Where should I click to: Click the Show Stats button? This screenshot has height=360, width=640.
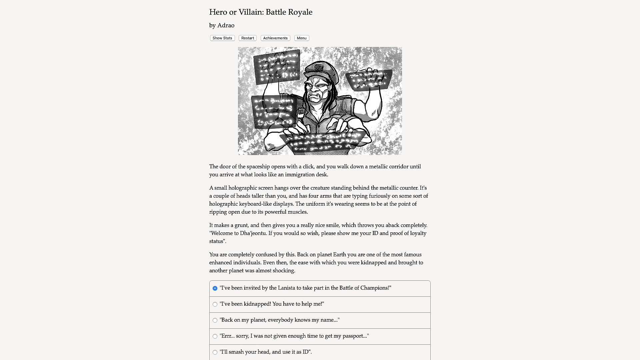tap(222, 38)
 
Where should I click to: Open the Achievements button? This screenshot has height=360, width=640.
tap(275, 38)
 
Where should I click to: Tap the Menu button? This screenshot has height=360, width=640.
tap(302, 38)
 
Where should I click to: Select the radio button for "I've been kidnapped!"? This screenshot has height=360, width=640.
tap(215, 304)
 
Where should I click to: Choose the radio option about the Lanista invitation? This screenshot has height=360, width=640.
tap(215, 288)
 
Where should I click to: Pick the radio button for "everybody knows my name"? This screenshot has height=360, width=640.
tap(215, 320)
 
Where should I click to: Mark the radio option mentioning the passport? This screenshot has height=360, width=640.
tap(215, 336)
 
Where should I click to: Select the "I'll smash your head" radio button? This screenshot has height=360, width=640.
tap(215, 352)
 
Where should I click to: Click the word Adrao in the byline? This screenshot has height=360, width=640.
tap(226, 26)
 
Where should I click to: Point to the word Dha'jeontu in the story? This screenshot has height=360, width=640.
tap(253, 233)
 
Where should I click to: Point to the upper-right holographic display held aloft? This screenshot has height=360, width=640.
tap(369, 80)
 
